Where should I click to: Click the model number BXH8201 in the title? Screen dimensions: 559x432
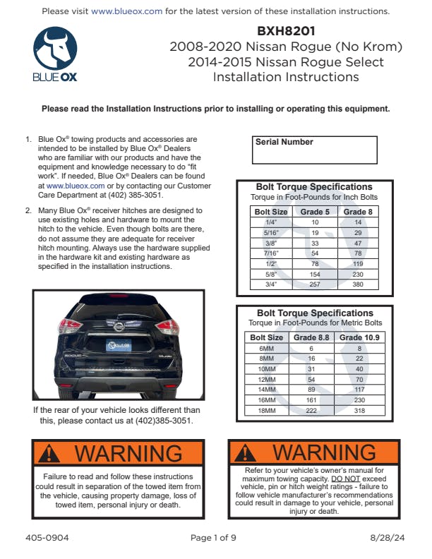286,31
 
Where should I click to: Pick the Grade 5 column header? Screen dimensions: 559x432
315,211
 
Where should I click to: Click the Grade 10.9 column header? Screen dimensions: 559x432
359,337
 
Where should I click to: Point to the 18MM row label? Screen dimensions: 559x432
266,410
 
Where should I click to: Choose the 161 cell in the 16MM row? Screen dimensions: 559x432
311,399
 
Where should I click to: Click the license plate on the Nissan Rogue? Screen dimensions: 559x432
119,345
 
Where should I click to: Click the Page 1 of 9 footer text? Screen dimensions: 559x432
213,538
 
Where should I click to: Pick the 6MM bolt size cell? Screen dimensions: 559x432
266,348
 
